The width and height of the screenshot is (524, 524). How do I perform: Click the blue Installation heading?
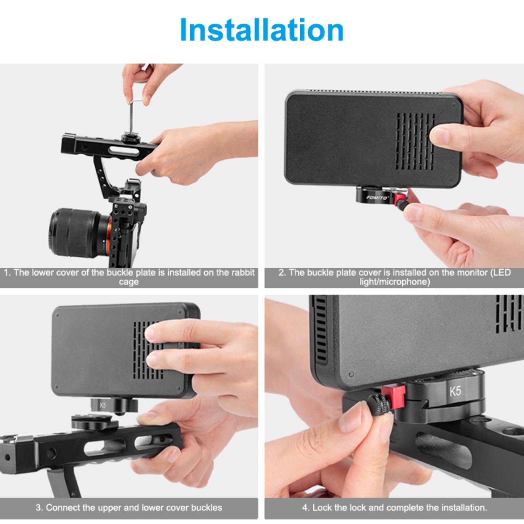(x=262, y=30)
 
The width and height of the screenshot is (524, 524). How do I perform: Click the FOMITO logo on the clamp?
(x=377, y=197)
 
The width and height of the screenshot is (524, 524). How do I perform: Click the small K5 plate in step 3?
(x=103, y=405)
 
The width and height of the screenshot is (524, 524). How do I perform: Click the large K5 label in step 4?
(x=455, y=391)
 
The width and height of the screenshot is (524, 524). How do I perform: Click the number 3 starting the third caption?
(x=38, y=508)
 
